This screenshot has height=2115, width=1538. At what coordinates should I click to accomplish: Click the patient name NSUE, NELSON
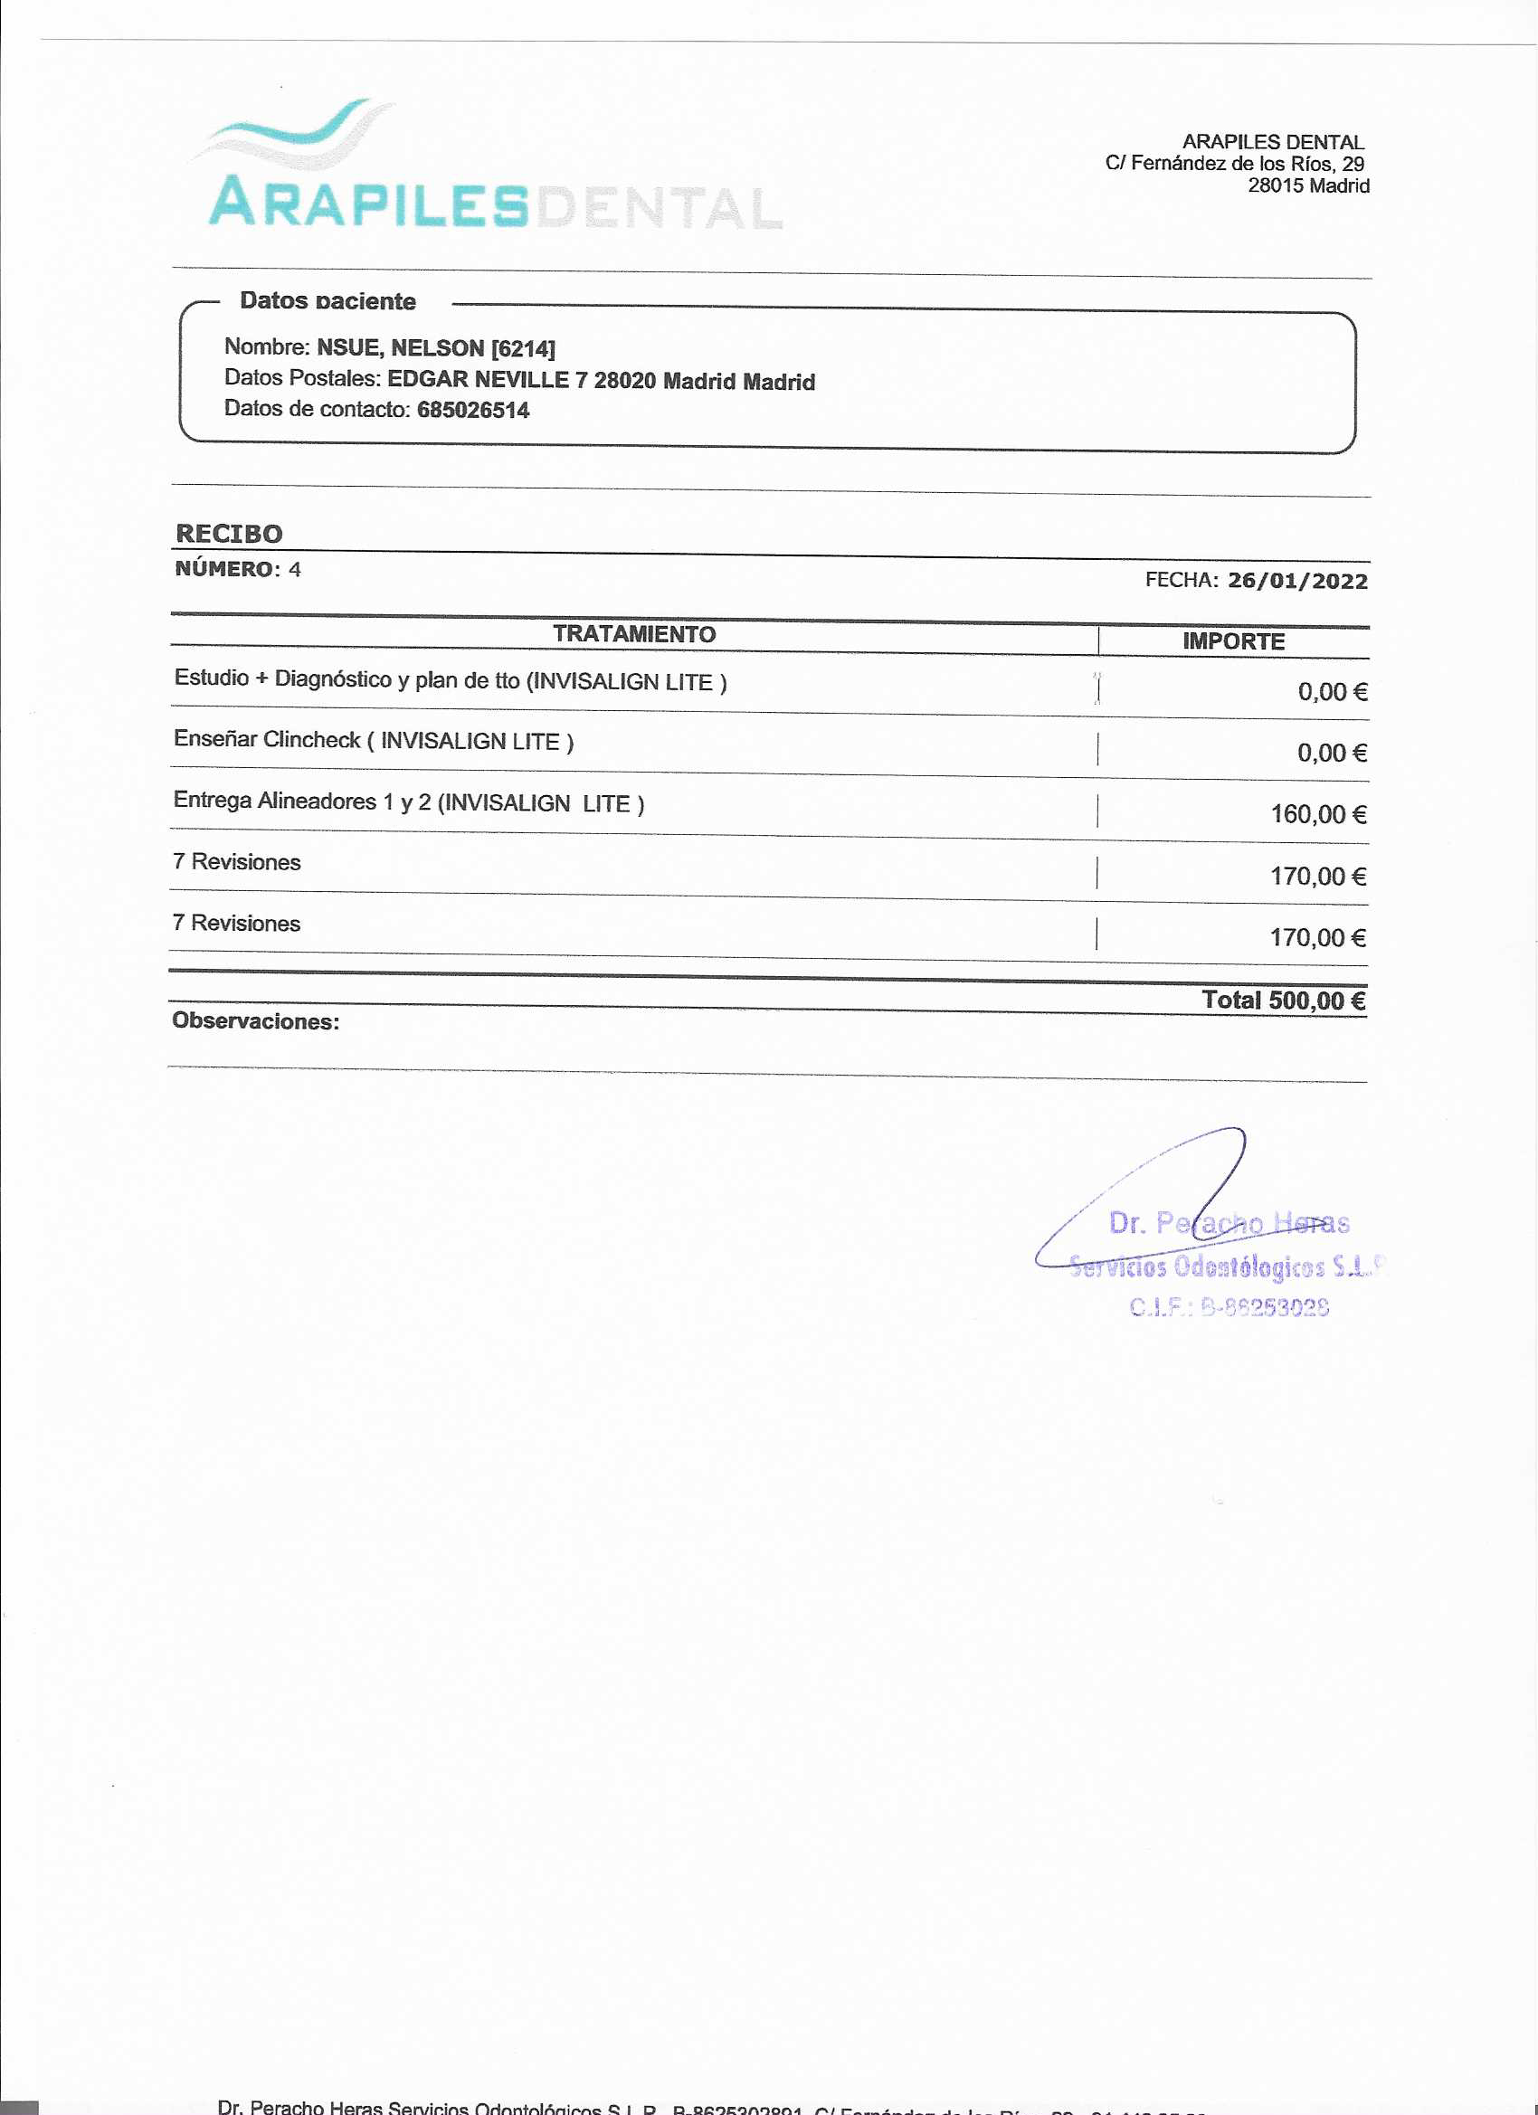point(400,348)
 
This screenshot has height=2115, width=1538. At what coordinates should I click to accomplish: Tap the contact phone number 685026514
point(473,411)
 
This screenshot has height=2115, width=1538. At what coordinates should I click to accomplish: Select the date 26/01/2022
point(1296,581)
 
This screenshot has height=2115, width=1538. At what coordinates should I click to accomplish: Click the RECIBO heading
point(229,534)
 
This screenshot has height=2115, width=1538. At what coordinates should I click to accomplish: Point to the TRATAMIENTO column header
point(634,634)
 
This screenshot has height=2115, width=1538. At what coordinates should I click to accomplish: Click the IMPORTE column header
point(1233,641)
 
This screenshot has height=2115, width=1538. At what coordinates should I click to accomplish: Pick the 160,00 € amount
point(1318,815)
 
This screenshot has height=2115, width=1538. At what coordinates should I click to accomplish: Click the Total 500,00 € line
point(1284,1001)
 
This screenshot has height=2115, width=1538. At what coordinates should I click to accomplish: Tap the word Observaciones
point(254,1021)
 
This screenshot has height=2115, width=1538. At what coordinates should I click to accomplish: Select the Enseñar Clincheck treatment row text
point(373,741)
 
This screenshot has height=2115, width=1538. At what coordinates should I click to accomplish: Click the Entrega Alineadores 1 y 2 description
point(409,802)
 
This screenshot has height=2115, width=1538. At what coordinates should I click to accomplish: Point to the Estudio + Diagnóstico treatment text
point(450,680)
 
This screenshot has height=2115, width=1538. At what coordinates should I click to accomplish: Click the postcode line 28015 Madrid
point(1307,185)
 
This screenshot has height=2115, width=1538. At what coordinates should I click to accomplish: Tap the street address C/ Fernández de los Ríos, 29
point(1234,164)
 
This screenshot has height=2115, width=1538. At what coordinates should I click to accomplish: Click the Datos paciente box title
point(328,301)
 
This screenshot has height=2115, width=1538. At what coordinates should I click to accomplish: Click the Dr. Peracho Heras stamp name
point(1229,1222)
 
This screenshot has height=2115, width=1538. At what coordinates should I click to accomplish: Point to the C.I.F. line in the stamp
point(1229,1307)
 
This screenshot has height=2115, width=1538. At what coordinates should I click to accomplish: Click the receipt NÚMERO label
point(224,569)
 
